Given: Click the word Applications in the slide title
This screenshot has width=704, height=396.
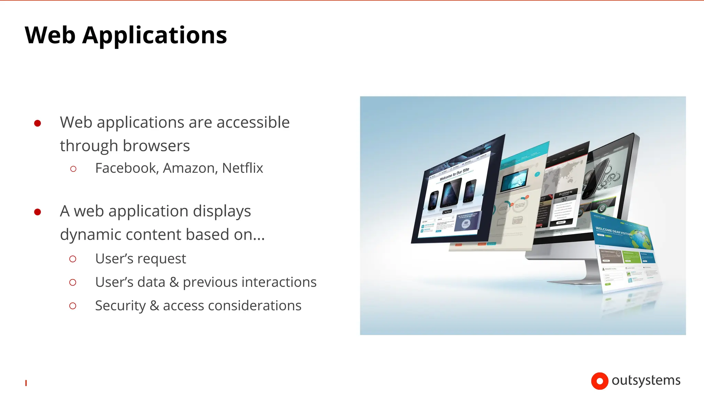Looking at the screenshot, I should pos(154,36).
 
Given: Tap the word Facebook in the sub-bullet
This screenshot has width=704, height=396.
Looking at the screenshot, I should pos(126,168).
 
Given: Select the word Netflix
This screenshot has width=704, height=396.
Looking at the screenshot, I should pos(242,168).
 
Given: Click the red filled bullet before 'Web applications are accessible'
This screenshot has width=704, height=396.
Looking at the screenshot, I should pos(38,123).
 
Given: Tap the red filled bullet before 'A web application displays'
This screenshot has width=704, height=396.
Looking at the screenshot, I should pos(38,212).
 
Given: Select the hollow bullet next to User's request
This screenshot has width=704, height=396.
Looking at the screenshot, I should pos(73,259).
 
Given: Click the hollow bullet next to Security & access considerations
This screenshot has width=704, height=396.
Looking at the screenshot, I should pos(73,306).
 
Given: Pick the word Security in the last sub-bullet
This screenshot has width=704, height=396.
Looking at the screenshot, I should pos(120,306).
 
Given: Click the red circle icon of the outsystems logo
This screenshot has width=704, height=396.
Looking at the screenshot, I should pos(599,381).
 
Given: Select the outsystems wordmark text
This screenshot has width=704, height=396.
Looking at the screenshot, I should pos(646,380).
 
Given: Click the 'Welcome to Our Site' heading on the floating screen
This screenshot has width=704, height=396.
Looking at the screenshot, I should pos(454,174).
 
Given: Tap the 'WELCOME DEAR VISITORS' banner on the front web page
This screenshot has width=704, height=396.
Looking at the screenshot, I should pos(614,231).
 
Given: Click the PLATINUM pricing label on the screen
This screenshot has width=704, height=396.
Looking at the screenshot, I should pos(565,193).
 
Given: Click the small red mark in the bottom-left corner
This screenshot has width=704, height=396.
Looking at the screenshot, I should pos(26,383).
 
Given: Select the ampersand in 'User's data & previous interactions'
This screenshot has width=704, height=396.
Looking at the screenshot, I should pos(174,282).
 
